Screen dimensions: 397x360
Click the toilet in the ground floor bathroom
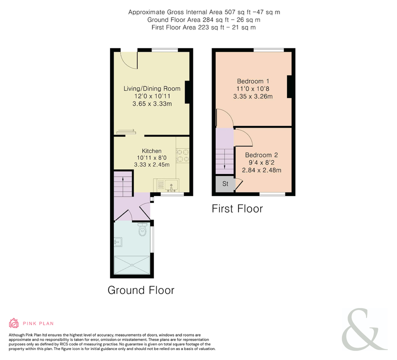[x=142, y=229]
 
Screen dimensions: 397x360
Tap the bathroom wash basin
[x=118, y=242]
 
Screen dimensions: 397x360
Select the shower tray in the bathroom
[x=132, y=265]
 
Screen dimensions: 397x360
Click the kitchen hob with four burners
[x=182, y=155]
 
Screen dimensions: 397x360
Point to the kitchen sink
[x=171, y=185]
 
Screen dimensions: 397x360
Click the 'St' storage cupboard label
[x=225, y=183]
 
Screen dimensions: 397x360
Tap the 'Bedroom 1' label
[x=253, y=81]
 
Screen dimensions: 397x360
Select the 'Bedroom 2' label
[x=261, y=155]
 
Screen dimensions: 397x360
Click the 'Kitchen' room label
[x=151, y=151]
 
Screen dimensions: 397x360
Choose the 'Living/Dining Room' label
[x=152, y=88]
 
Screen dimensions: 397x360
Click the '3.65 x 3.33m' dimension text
[x=152, y=104]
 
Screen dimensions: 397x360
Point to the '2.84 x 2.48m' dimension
[x=261, y=170]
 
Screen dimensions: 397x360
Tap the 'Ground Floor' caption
[x=141, y=290]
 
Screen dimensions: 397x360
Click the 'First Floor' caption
[x=237, y=208]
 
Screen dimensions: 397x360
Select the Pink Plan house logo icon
[x=13, y=323]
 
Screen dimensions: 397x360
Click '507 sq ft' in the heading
[x=237, y=12]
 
